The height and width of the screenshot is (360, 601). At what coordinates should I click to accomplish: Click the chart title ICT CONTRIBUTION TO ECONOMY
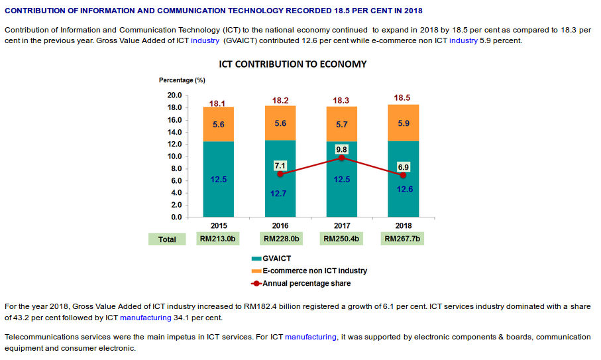292,64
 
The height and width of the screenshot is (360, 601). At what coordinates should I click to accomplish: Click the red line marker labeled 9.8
341,158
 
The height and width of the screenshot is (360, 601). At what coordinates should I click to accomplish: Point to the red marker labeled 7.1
280,174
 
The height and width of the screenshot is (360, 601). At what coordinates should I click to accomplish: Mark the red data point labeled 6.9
403,175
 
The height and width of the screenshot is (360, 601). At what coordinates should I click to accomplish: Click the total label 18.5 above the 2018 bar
402,97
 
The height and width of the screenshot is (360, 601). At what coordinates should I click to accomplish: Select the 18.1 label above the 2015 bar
217,103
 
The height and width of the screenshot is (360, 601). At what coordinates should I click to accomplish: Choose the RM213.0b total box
218,239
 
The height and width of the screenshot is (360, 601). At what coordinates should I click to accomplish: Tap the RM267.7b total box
403,239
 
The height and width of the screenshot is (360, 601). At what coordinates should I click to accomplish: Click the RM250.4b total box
341,239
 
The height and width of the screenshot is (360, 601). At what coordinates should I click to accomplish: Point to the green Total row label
168,239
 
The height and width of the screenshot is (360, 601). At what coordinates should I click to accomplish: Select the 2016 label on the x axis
280,225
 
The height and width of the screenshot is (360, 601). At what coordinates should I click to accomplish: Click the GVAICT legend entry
276,259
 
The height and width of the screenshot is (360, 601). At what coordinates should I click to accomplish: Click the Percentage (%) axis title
182,80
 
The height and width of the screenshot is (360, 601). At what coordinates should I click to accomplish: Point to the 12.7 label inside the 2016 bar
280,194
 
